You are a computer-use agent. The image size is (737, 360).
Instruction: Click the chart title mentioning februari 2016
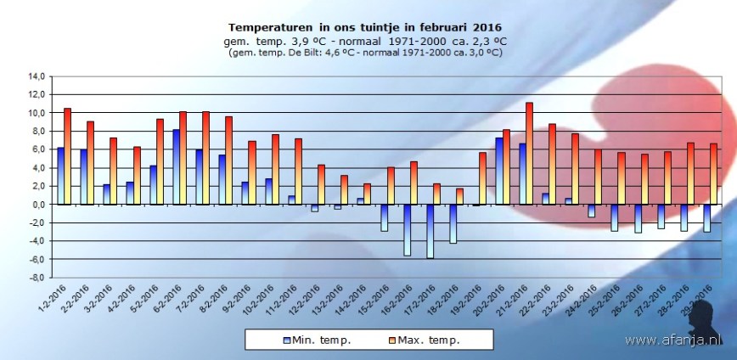pyautogui.click(x=364, y=26)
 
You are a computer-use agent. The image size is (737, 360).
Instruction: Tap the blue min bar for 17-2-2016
pyautogui.click(x=430, y=231)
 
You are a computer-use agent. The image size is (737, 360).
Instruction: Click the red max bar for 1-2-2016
pyautogui.click(x=67, y=156)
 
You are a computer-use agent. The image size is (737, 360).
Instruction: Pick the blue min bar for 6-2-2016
pyautogui.click(x=176, y=166)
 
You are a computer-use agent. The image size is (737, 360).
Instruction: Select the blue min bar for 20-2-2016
pyautogui.click(x=499, y=171)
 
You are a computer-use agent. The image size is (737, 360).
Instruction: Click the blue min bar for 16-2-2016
pyautogui.click(x=407, y=229)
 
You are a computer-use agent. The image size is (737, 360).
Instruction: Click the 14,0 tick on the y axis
pyautogui.click(x=36, y=76)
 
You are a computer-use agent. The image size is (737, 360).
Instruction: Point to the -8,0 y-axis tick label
pyautogui.click(x=36, y=277)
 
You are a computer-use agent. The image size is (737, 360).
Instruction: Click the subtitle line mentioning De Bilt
pyautogui.click(x=364, y=52)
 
